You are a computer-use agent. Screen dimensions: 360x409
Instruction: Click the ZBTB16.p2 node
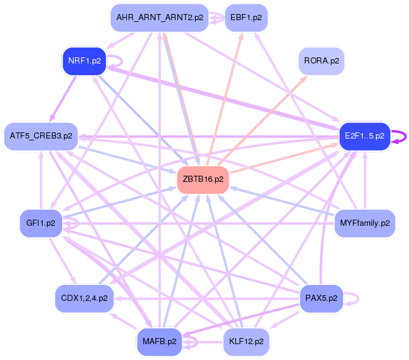click(x=202, y=179)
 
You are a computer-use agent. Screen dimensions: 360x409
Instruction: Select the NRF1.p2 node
click(x=84, y=60)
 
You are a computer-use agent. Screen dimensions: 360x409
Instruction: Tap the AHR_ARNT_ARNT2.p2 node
click(x=160, y=18)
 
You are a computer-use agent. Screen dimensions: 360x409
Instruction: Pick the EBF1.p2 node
click(x=246, y=18)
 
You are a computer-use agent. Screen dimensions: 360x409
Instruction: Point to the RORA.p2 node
click(x=321, y=60)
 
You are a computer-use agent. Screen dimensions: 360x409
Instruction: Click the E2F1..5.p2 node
click(x=364, y=135)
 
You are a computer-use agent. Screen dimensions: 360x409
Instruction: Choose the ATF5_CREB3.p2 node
click(x=41, y=135)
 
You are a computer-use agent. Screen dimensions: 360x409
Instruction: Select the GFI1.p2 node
click(x=41, y=223)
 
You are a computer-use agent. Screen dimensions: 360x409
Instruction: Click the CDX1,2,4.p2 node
click(x=84, y=298)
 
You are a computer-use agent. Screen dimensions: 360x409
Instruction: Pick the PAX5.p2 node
click(x=322, y=298)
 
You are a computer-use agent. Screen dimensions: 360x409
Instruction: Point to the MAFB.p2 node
click(x=160, y=341)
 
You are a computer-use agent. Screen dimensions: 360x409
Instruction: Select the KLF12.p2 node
click(x=246, y=341)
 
